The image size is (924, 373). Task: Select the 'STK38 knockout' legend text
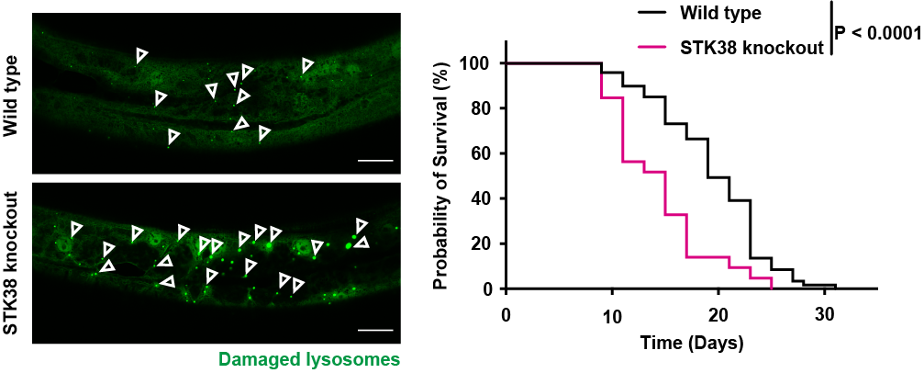[751, 46]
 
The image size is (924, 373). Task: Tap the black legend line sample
[660, 14]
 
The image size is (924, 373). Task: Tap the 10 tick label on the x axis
[612, 314]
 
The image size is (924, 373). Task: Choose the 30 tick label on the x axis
[826, 314]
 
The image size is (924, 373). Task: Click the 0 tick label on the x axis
[506, 314]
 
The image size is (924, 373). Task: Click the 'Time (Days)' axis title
[692, 344]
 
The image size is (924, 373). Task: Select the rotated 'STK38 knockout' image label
[12, 264]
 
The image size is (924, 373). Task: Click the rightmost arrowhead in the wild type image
[308, 64]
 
